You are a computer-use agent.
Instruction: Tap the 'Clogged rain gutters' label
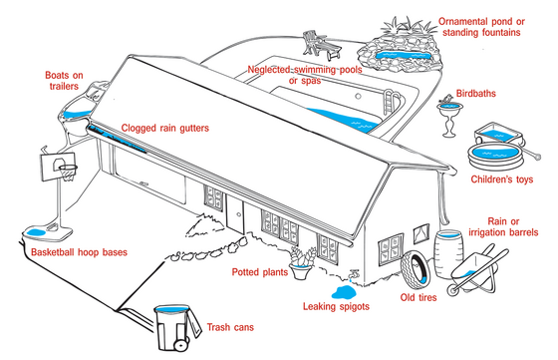point(162,129)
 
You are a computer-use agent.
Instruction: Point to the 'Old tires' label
point(419,296)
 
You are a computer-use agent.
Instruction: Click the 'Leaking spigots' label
point(336,307)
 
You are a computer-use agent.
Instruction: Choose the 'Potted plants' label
point(260,271)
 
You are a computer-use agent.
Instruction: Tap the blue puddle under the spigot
point(342,291)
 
